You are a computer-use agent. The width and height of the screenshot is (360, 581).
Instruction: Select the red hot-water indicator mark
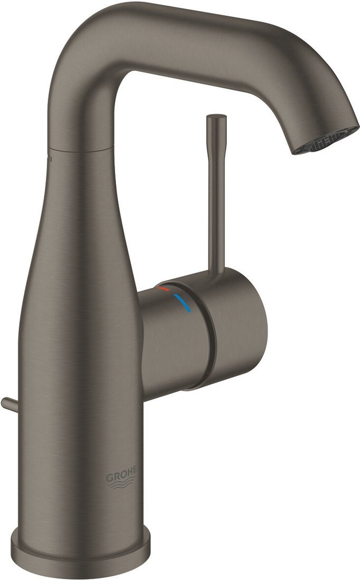pos(163,289)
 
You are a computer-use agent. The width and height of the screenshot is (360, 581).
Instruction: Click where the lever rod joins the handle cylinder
pos(216,275)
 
